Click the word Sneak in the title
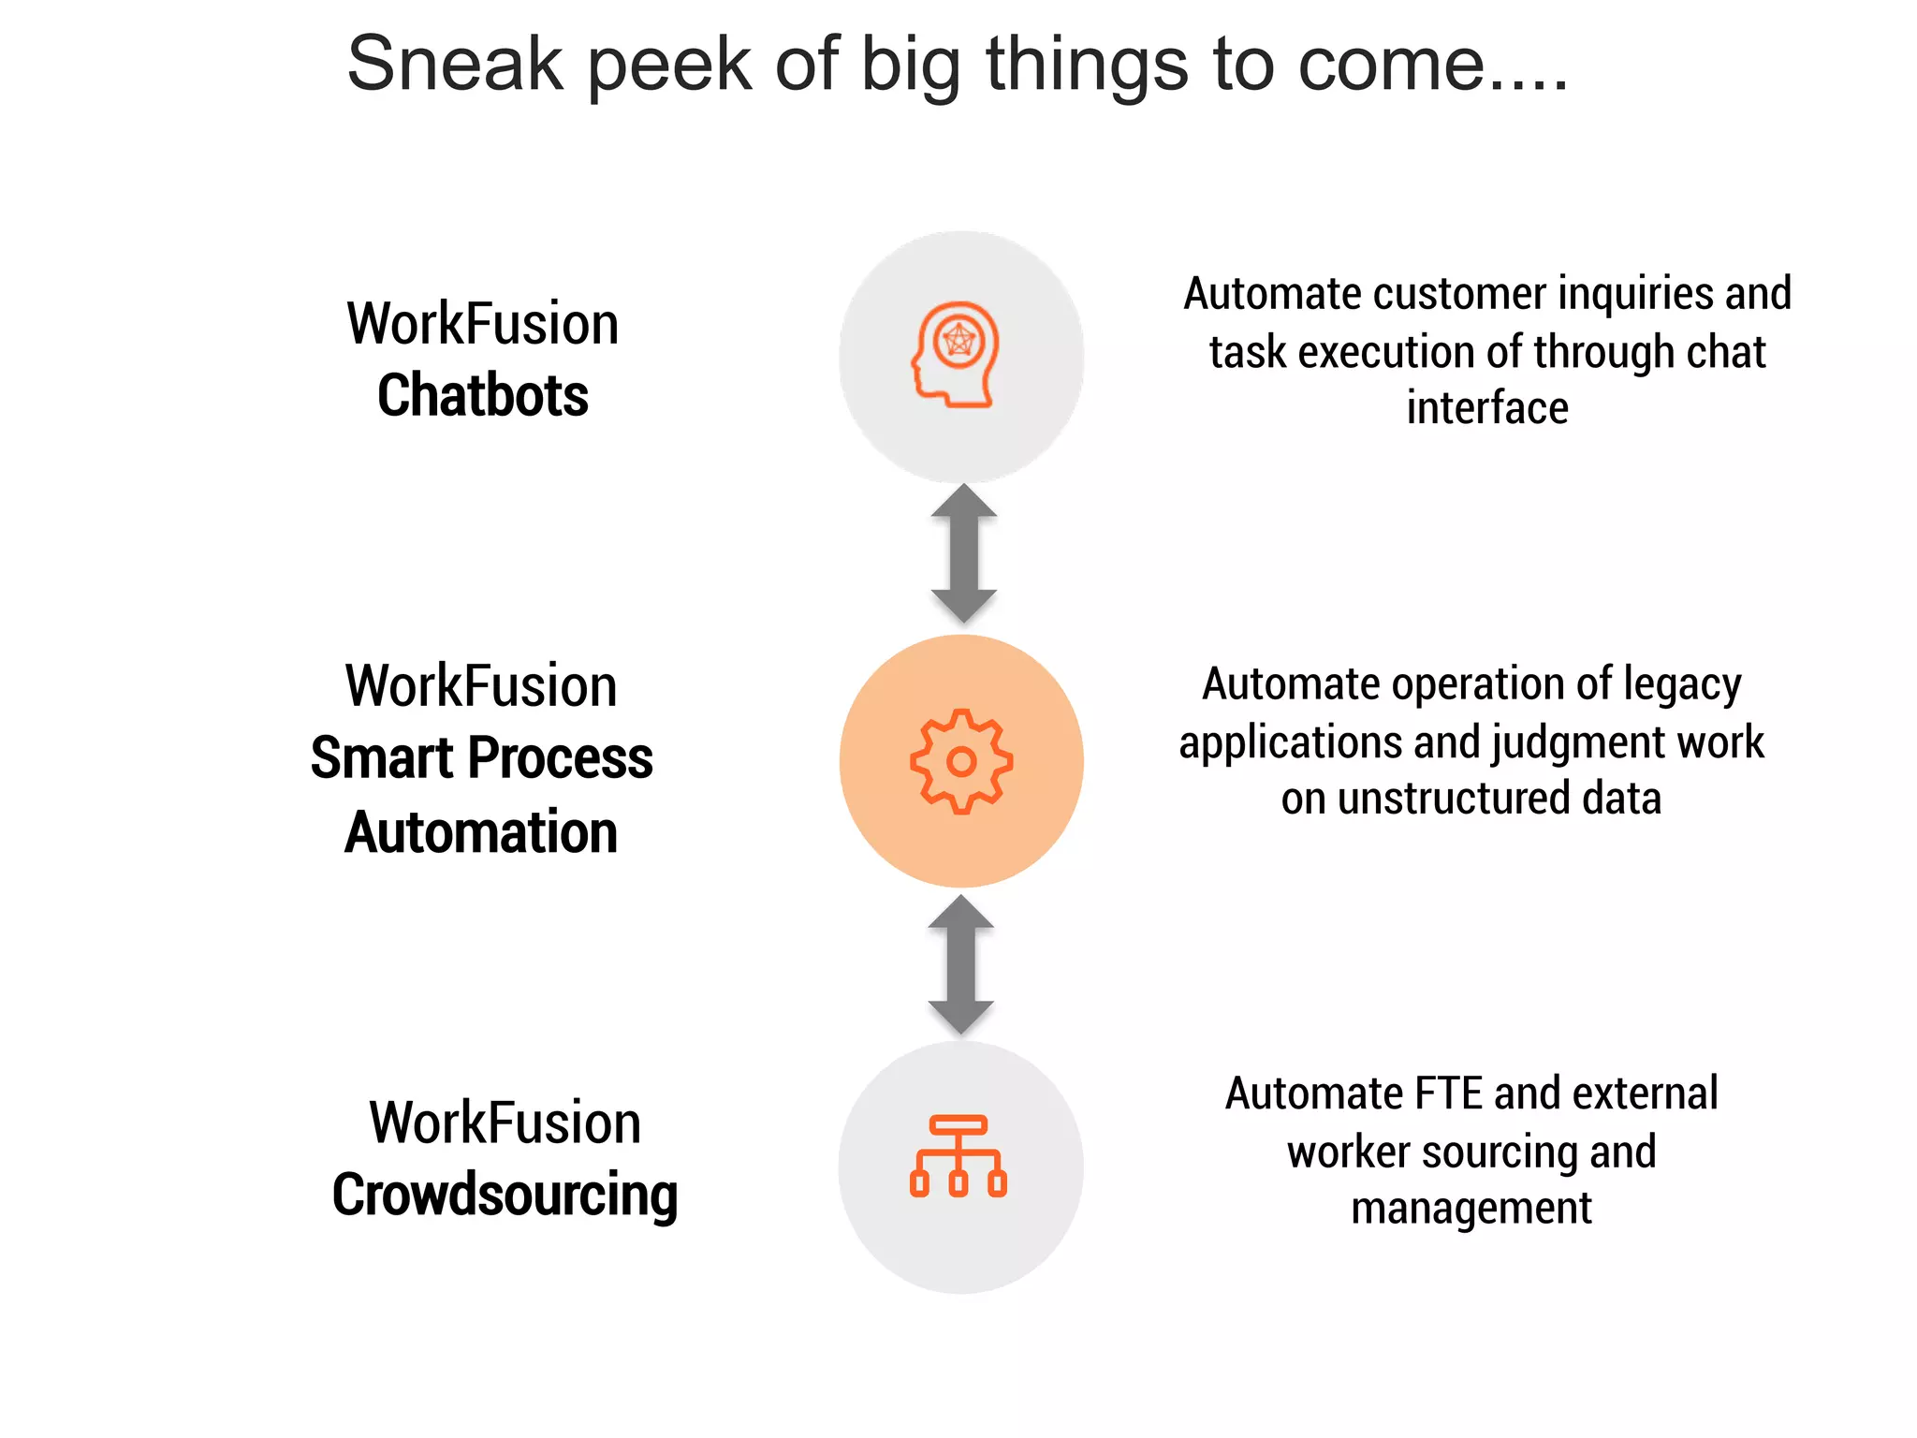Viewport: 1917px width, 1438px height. click(455, 64)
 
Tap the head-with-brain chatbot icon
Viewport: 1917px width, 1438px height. click(957, 354)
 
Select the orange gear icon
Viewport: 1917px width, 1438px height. click(961, 761)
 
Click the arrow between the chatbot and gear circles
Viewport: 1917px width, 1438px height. click(963, 553)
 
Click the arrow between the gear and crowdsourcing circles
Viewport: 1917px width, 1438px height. click(960, 964)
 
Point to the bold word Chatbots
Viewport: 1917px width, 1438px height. click(483, 395)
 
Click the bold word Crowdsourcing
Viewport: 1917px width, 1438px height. click(505, 1196)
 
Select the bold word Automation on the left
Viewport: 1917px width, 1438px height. click(481, 832)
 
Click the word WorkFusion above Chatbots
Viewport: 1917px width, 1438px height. click(483, 324)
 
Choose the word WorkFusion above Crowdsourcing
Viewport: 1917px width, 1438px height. click(505, 1123)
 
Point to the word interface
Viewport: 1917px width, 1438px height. click(1487, 408)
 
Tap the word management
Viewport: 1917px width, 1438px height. click(1471, 1209)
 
